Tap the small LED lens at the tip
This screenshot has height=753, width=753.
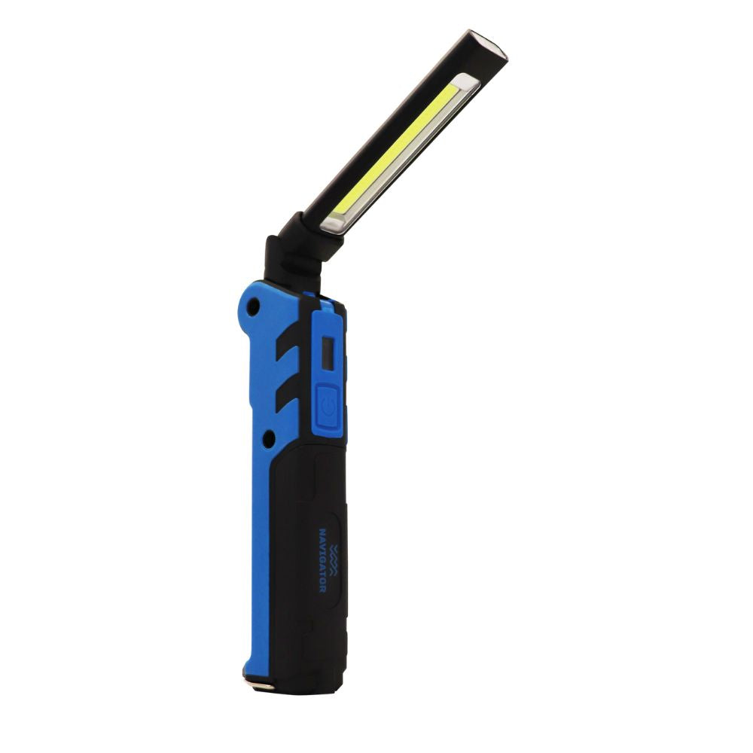pyautogui.click(x=489, y=47)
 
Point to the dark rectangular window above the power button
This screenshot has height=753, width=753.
pyautogui.click(x=328, y=354)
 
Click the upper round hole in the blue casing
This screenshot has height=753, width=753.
pyautogui.click(x=252, y=306)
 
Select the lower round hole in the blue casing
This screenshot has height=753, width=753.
pyautogui.click(x=269, y=438)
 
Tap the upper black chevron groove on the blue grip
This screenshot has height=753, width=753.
pyautogui.click(x=287, y=343)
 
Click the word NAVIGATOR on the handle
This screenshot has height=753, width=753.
pyautogui.click(x=323, y=560)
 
